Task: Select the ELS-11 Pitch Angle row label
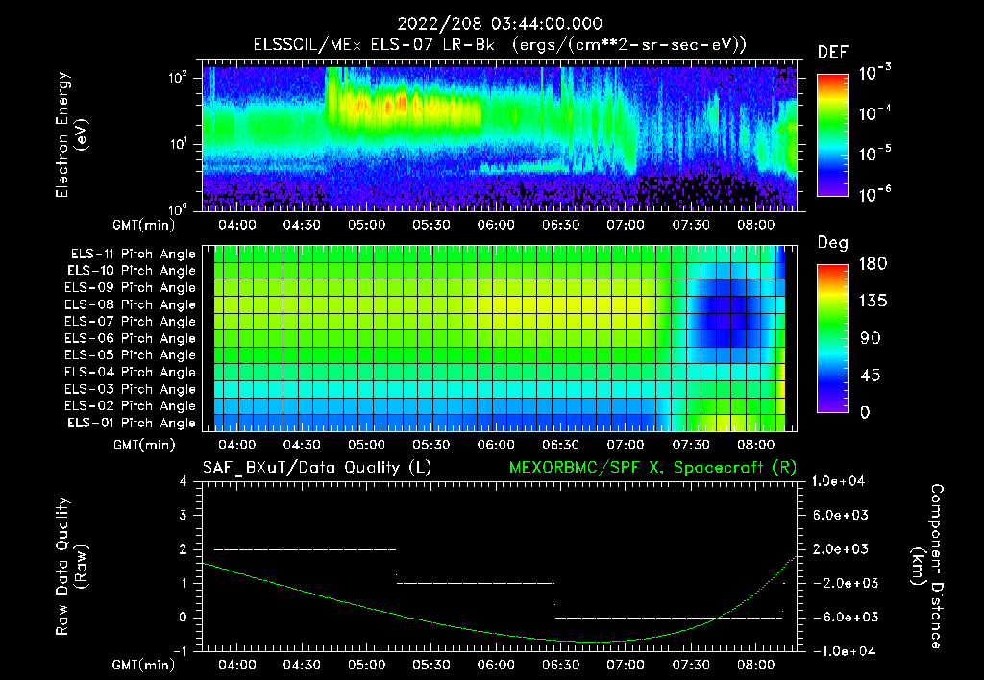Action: pos(130,254)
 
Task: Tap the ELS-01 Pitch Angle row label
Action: pos(130,423)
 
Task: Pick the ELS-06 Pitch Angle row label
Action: pos(130,338)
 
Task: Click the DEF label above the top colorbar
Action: pos(832,53)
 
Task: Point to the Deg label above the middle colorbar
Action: pos(832,243)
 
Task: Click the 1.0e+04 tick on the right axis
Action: pos(841,481)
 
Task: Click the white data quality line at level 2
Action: pos(305,549)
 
